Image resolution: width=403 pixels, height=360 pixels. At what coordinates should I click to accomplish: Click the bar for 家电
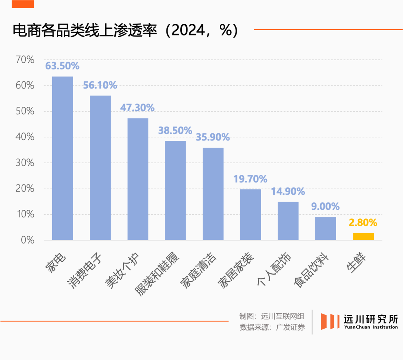pos(62,158)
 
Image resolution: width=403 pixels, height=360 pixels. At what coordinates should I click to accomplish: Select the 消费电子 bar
pos(100,168)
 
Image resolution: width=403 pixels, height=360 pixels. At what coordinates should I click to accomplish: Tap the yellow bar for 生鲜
pos(363,236)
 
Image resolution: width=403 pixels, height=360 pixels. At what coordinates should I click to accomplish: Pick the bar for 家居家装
pos(250,214)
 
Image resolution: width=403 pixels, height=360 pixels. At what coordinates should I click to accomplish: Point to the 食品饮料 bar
pos(325,228)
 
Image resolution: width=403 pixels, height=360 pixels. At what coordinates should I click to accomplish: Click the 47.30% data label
pos(137,108)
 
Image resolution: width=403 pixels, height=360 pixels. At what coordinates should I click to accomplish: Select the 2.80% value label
pos(363,223)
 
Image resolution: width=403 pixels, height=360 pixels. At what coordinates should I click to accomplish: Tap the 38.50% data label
pos(175,131)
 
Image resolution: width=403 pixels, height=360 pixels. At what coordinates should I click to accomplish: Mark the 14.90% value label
pos(288,192)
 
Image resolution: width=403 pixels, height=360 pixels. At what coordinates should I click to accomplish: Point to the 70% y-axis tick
pos(25,60)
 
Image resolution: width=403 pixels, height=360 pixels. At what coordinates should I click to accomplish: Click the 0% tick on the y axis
pos(28,240)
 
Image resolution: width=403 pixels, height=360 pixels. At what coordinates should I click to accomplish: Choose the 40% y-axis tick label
pos(25,137)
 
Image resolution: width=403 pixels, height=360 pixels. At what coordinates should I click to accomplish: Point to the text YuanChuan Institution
pos(371,328)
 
